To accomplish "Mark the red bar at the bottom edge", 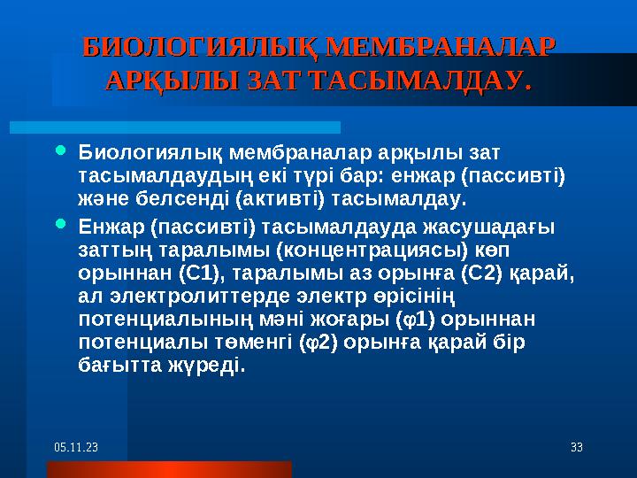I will coord(133,469).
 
